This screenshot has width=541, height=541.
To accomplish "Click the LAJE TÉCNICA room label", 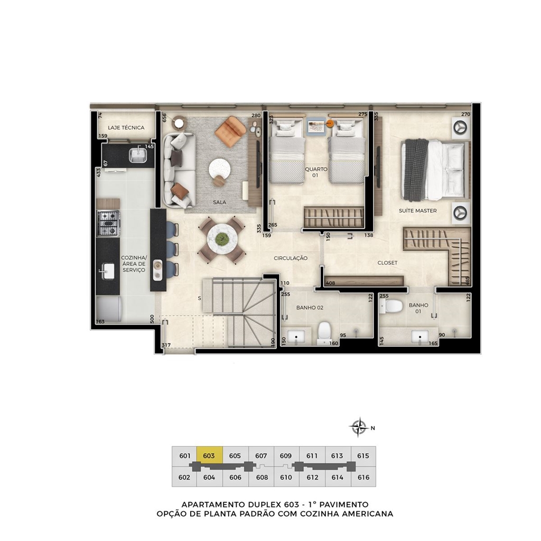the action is pos(126,128).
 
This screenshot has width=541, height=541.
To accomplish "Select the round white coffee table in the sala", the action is pos(219,169).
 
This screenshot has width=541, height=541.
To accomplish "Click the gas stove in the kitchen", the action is pos(109,223).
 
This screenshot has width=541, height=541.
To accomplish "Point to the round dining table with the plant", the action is pos(221,238).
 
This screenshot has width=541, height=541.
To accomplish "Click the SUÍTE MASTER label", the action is pos(417,210).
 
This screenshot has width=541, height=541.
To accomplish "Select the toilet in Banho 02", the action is pos(324,333).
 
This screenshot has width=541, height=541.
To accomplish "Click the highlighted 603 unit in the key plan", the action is pos(209,456).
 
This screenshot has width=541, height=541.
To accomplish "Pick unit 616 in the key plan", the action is pos(363,478).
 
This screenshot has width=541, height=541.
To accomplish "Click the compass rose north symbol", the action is pos(359,427).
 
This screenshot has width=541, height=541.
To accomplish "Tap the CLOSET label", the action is pos(387,263).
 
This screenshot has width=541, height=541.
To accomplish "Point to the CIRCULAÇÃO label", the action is pos(291,258).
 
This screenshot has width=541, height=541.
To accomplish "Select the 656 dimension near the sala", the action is pos(164,118).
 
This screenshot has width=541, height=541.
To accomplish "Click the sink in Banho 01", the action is pos(420,337).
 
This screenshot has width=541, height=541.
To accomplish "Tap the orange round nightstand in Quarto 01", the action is pos(330,123).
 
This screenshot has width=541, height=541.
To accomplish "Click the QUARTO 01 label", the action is pos(316,172).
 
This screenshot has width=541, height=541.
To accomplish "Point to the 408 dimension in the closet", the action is pos(330,283).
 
